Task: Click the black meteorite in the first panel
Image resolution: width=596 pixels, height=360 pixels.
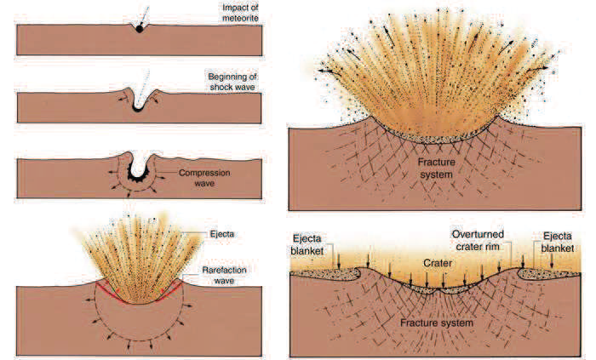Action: (140, 28)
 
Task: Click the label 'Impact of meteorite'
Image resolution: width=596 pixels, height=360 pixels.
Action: (240, 13)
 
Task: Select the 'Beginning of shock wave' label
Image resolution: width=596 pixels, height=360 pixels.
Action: (232, 82)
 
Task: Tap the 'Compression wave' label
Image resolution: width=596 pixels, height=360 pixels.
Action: (204, 178)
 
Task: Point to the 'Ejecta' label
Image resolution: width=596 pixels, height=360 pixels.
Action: (222, 233)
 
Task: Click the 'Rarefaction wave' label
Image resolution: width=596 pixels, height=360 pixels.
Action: (224, 275)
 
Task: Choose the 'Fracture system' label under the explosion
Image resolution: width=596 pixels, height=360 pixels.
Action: (436, 169)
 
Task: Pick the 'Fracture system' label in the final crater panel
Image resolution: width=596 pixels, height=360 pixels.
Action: (437, 323)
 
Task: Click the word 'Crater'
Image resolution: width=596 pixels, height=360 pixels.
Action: (438, 263)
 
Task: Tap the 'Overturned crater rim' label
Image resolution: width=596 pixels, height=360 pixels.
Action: (478, 240)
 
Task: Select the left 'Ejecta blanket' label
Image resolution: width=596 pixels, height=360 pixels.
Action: (307, 245)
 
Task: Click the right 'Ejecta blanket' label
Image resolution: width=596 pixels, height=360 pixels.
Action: (558, 243)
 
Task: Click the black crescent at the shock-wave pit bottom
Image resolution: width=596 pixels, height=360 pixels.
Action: (137, 108)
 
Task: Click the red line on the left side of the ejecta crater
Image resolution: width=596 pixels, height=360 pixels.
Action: (110, 293)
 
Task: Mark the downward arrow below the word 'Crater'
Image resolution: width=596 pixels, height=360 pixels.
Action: (443, 280)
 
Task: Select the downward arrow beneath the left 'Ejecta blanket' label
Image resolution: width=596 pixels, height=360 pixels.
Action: (338, 261)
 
